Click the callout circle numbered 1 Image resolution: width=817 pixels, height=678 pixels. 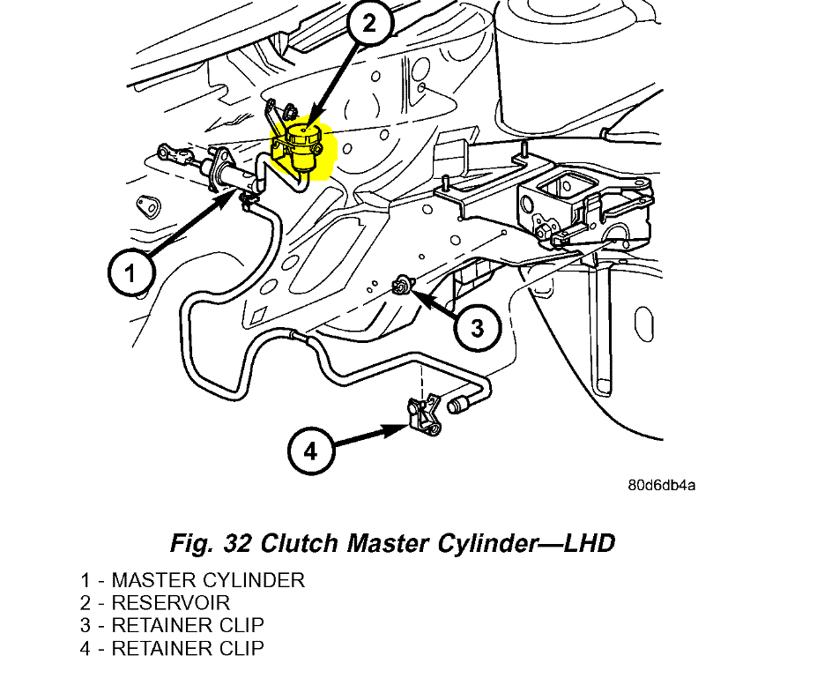point(130,272)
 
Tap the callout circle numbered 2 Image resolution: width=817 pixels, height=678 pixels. point(369,26)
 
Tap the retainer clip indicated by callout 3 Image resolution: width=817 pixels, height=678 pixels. point(403,285)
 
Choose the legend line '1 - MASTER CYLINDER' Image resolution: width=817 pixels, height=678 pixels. point(192,580)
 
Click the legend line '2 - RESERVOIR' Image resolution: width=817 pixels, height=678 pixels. point(155,603)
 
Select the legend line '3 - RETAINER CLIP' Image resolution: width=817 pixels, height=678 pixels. point(172,625)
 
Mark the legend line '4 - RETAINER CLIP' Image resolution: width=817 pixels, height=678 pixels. point(172,648)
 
